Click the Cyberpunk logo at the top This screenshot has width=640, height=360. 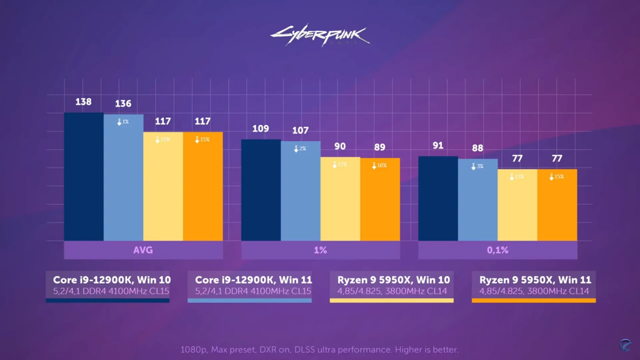319,35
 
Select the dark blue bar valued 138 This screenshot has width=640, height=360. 84,177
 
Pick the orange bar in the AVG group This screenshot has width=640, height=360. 203,187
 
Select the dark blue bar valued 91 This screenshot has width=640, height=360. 438,198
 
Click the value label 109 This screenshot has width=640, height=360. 260,129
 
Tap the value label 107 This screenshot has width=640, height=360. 300,130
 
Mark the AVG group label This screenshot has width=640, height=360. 143,250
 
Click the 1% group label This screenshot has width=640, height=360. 320,250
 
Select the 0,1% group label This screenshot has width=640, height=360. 498,250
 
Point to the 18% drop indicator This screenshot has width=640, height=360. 379,165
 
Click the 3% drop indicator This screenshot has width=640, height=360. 477,166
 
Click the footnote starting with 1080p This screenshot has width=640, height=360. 319,350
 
